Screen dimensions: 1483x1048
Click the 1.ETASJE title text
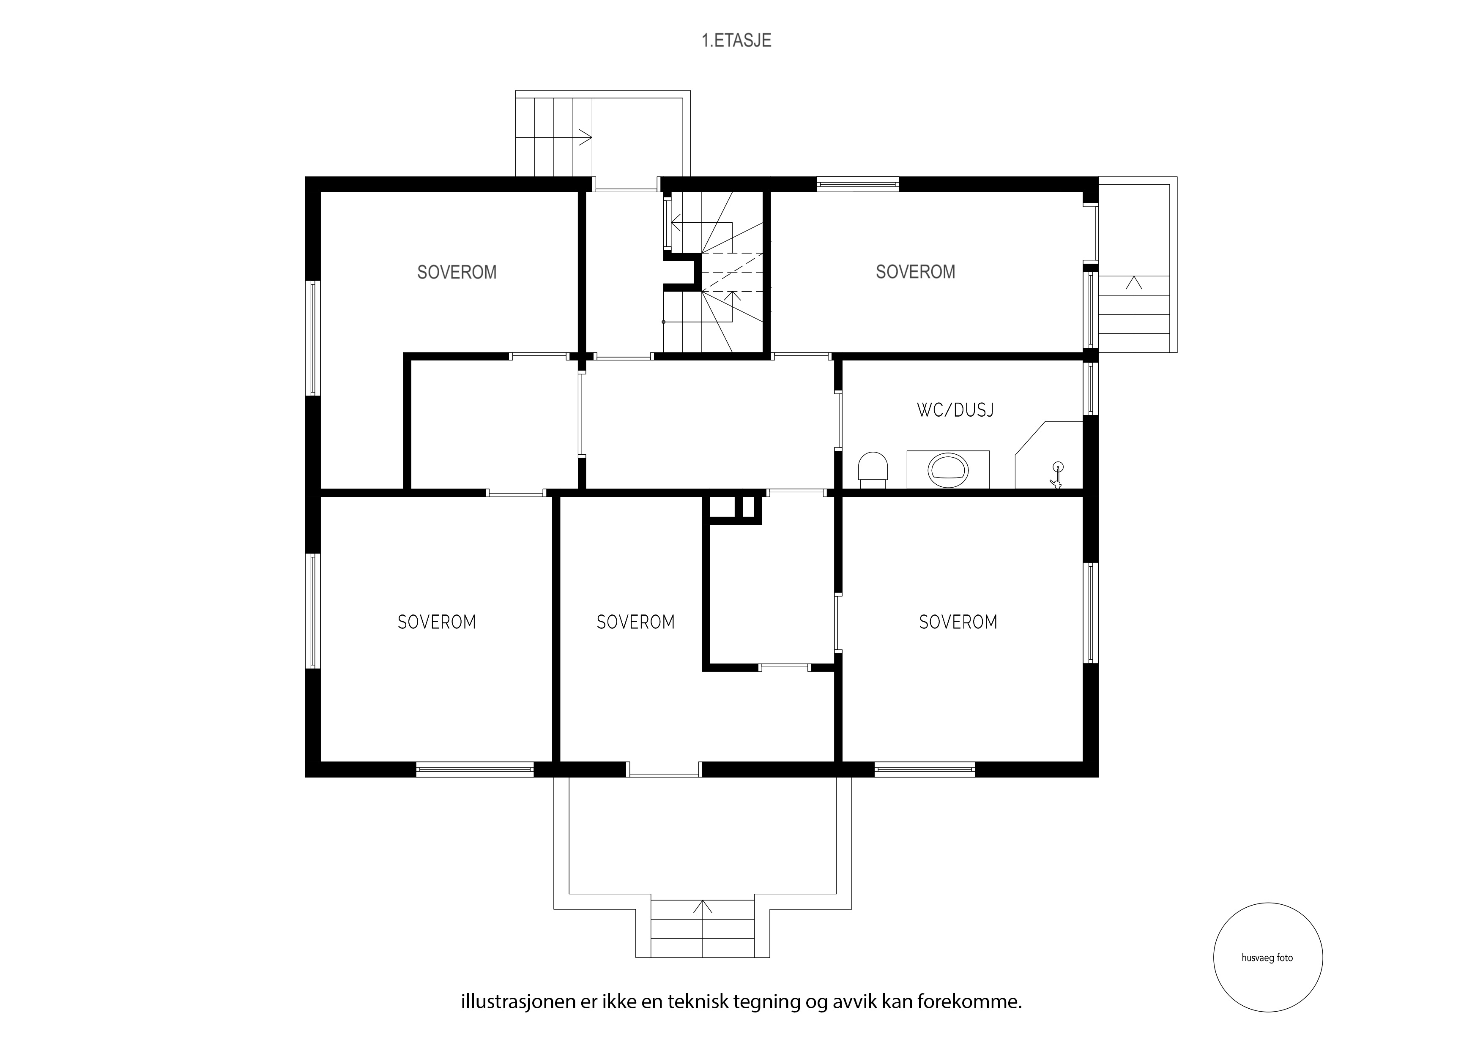pyautogui.click(x=736, y=41)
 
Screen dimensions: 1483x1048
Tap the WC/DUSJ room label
pyautogui.click(x=955, y=410)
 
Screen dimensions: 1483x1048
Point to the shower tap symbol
pyautogui.click(x=1057, y=475)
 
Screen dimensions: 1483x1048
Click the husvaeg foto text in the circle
pyautogui.click(x=1267, y=958)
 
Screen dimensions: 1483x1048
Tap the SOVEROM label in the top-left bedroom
pyautogui.click(x=457, y=273)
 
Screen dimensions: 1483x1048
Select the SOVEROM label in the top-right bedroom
pyautogui.click(x=915, y=272)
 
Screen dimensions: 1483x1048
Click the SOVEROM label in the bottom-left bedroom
pyautogui.click(x=437, y=622)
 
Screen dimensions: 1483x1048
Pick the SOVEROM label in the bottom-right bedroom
pyautogui.click(x=958, y=622)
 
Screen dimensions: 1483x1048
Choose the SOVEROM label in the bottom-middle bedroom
pyautogui.click(x=635, y=622)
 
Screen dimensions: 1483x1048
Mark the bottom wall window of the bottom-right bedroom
pyautogui.click(x=924, y=769)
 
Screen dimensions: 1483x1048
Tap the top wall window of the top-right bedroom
pyautogui.click(x=858, y=184)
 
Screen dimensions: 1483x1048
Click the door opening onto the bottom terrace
pyautogui.click(x=664, y=770)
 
